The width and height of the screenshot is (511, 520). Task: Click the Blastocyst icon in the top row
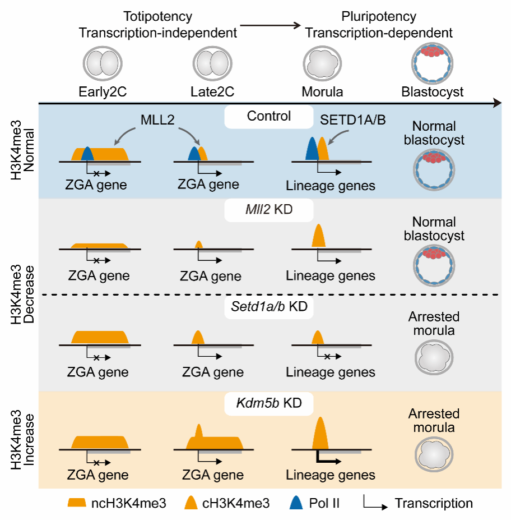432,63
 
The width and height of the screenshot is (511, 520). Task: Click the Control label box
269,117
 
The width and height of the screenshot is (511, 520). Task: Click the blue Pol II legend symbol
298,503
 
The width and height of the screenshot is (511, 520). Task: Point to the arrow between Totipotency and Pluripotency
271,26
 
